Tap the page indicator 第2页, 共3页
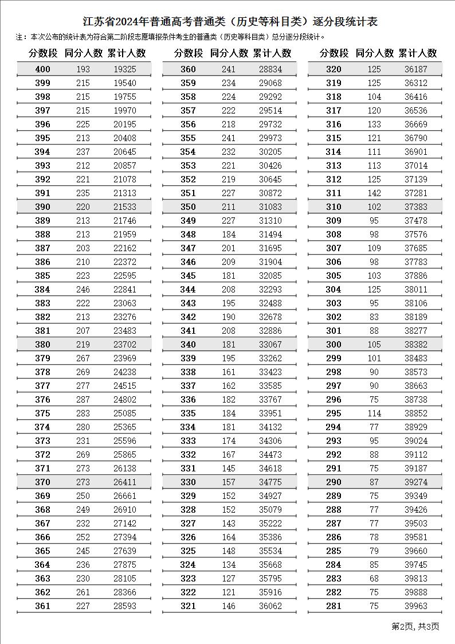[415, 626]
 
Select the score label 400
[43, 69]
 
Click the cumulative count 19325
[125, 69]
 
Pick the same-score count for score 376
[83, 400]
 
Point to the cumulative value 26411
[125, 482]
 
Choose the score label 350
[188, 207]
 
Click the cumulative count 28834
[270, 69]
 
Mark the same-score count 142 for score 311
[374, 193]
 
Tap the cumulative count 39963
[416, 606]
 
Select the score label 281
[334, 606]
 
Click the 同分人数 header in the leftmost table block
[84, 53]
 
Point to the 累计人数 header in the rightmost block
[417, 53]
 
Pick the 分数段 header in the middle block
[189, 53]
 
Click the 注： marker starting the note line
[22, 37]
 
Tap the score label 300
[334, 345]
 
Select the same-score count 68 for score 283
[374, 579]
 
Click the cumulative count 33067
[270, 345]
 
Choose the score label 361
[43, 606]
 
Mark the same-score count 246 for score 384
[83, 290]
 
